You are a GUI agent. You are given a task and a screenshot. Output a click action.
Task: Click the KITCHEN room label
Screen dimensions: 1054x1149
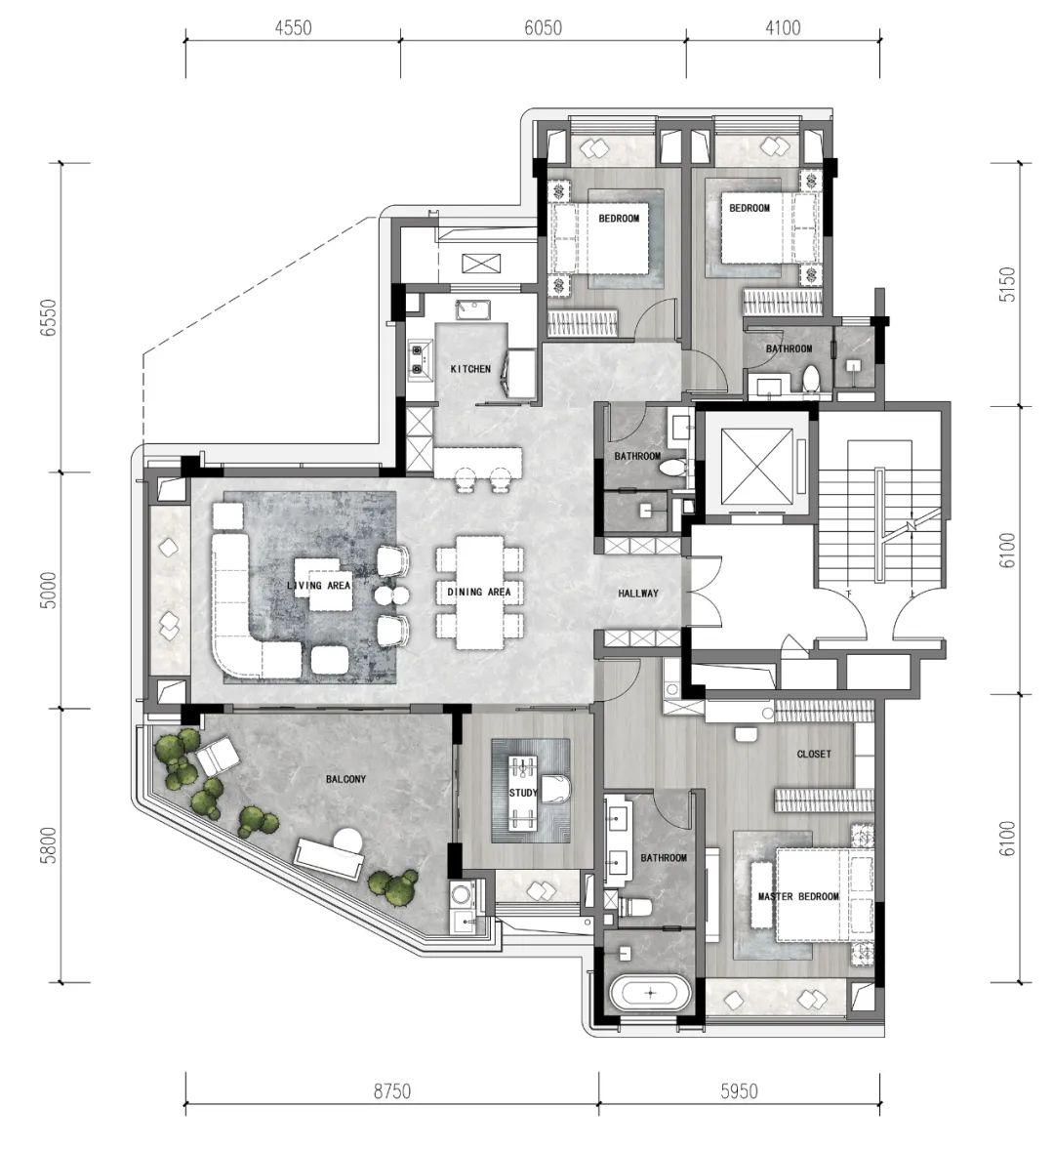click(x=470, y=369)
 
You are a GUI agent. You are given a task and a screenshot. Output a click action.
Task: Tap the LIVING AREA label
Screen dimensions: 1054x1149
click(x=318, y=585)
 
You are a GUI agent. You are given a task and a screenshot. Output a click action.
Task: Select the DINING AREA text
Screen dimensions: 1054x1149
click(x=479, y=592)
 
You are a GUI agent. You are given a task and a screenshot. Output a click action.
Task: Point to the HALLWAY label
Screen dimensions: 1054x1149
click(x=638, y=593)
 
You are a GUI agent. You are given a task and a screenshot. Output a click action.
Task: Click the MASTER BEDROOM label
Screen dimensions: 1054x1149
click(x=798, y=896)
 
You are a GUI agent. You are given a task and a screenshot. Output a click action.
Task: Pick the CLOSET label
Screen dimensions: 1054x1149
click(x=814, y=754)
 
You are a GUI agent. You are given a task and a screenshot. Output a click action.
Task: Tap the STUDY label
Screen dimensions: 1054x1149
click(x=523, y=792)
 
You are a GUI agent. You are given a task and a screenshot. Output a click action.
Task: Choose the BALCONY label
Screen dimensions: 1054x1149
click(x=345, y=779)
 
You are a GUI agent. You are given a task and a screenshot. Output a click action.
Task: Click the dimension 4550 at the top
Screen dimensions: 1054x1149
click(x=293, y=28)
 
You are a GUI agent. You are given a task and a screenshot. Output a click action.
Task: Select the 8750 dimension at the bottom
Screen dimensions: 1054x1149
click(x=392, y=1091)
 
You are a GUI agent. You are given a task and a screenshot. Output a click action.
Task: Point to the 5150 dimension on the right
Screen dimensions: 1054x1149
click(x=1008, y=284)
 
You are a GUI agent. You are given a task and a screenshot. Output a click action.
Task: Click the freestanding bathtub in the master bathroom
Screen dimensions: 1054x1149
click(x=650, y=994)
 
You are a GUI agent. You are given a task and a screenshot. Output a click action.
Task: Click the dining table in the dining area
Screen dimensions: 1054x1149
click(x=480, y=593)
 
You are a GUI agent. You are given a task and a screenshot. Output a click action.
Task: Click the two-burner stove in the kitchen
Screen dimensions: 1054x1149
click(x=420, y=359)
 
